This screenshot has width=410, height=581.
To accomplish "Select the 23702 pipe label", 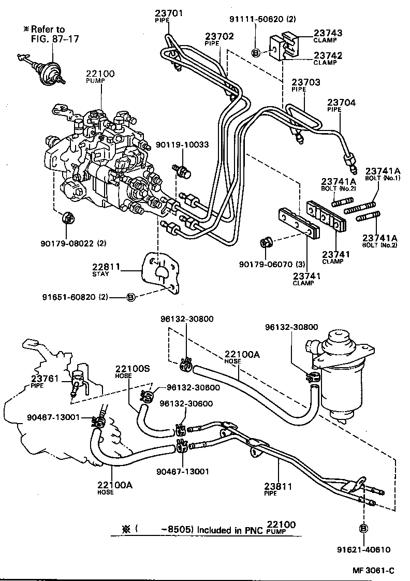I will [219, 36].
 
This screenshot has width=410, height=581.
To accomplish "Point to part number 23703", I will [305, 82].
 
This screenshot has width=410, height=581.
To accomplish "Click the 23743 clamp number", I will [327, 33].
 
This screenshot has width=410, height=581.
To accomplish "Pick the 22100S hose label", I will [132, 368].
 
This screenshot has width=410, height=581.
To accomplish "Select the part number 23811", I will [279, 486].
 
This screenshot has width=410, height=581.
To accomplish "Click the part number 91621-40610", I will [363, 549].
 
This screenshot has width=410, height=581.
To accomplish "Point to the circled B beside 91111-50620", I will [256, 52].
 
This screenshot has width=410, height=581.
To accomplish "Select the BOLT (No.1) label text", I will [380, 178].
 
